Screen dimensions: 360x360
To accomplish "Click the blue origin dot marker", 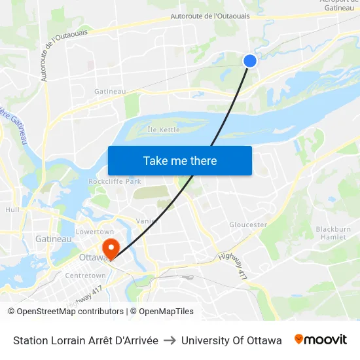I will (x=249, y=61).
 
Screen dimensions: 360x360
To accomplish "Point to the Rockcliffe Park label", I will (x=115, y=181).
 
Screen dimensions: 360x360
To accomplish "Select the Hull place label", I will (x=12, y=210).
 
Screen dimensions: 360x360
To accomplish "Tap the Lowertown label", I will (x=95, y=232).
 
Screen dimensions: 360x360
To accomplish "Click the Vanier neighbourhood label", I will (x=147, y=221).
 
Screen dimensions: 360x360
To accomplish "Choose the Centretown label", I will (x=84, y=276).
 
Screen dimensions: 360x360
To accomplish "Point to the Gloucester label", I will (x=248, y=225).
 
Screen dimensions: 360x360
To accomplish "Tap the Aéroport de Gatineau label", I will (x=336, y=5).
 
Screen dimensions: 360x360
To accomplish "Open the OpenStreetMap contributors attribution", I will (x=70, y=312).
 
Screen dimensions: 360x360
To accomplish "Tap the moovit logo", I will (x=321, y=340).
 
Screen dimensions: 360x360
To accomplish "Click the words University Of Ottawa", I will (x=232, y=340).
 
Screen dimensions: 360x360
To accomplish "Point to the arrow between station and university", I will (x=170, y=340).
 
